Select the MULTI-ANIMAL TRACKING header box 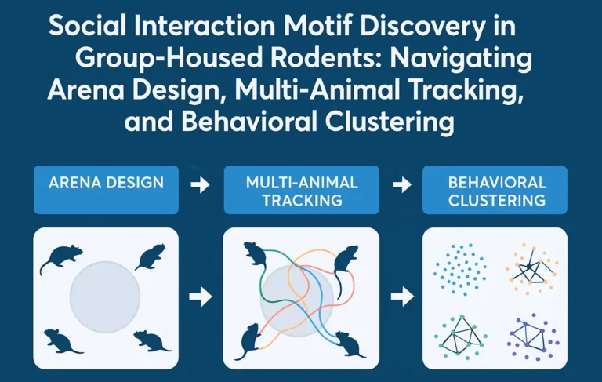pyautogui.click(x=302, y=191)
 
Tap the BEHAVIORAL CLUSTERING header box pyautogui.click(x=495, y=191)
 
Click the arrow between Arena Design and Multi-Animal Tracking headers pyautogui.click(x=201, y=185)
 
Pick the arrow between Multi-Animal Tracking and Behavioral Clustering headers pyautogui.click(x=401, y=185)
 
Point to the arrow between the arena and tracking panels pyautogui.click(x=201, y=297)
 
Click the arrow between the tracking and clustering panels pyautogui.click(x=401, y=297)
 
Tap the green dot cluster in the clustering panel pyautogui.click(x=460, y=334)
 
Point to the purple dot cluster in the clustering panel pyautogui.click(x=532, y=335)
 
